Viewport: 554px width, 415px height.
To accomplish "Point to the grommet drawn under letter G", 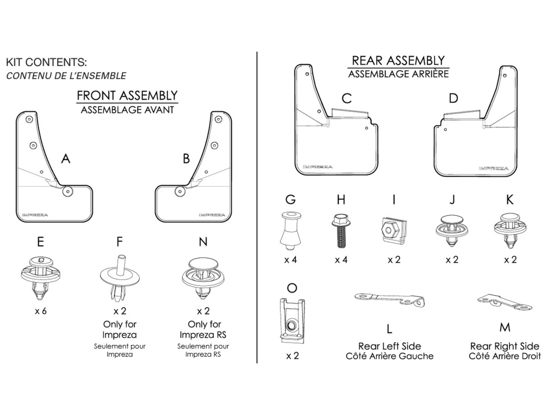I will tap(290, 229).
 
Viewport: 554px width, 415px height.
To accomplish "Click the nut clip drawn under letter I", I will tap(394, 229).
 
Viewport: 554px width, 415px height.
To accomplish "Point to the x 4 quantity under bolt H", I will tap(341, 260).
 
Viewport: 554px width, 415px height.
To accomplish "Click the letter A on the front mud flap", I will tap(66, 159).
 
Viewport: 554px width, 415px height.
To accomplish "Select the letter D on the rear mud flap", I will tap(453, 98).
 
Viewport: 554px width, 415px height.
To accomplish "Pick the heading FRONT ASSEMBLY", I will tap(127, 95).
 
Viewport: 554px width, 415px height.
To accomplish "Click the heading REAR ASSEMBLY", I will tap(398, 60).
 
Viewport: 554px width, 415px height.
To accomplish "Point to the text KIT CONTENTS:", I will tap(47, 62).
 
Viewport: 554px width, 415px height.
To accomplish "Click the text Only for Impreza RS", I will tap(204, 329).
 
